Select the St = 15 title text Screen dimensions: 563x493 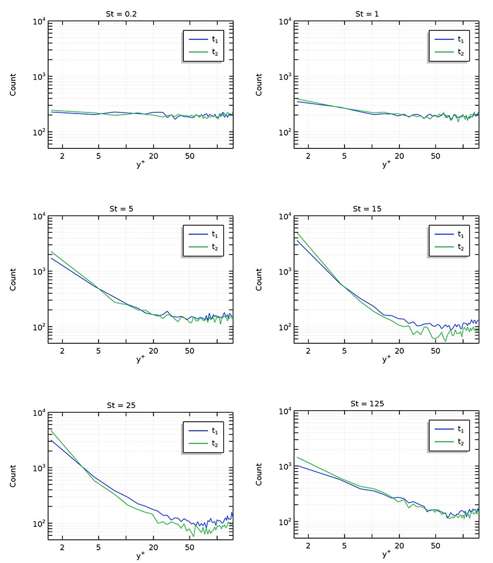point(367,208)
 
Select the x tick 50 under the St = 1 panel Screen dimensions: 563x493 point(435,156)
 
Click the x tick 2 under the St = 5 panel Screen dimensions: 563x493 point(62,351)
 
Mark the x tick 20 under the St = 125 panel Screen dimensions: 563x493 point(399,546)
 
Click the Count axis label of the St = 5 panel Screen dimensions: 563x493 point(13,280)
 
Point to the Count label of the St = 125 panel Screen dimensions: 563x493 point(259,474)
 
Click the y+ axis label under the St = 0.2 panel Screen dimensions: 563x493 point(140,165)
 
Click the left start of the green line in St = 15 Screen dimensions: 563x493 point(298,233)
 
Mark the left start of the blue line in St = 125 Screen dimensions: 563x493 point(298,466)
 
